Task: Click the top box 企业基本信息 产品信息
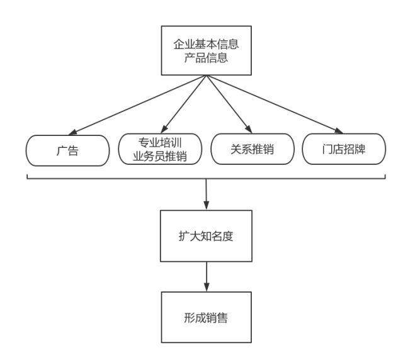click(206, 51)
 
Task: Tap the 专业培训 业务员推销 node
click(160, 149)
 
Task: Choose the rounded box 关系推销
click(252, 149)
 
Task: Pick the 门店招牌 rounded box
click(343, 149)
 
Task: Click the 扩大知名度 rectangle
click(206, 238)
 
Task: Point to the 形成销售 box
click(206, 317)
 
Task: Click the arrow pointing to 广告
click(139, 104)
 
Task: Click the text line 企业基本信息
click(206, 45)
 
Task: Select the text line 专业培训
click(160, 143)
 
